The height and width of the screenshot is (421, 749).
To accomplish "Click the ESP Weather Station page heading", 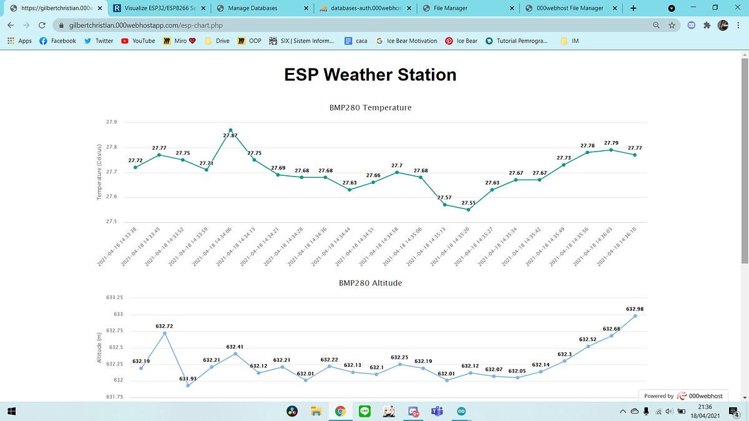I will (370, 75).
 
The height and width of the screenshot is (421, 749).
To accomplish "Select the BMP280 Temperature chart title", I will (370, 108).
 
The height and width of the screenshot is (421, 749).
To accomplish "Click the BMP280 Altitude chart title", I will (370, 283).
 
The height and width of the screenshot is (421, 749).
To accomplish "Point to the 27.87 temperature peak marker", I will (230, 130).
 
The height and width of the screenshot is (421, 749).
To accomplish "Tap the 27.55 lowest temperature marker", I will (468, 210).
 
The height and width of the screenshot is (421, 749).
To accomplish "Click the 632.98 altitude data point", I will (635, 316).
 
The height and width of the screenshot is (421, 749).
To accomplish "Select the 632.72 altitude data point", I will (165, 333).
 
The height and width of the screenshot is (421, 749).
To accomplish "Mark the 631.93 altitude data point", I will (188, 385).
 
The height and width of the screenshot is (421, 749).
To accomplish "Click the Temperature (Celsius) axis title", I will (99, 172).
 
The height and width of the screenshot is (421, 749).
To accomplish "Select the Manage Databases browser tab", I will (252, 8).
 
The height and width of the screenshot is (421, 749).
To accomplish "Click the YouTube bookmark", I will (138, 41).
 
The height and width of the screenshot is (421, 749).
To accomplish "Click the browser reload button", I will (41, 26).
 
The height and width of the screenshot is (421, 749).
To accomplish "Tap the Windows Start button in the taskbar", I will (11, 411).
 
